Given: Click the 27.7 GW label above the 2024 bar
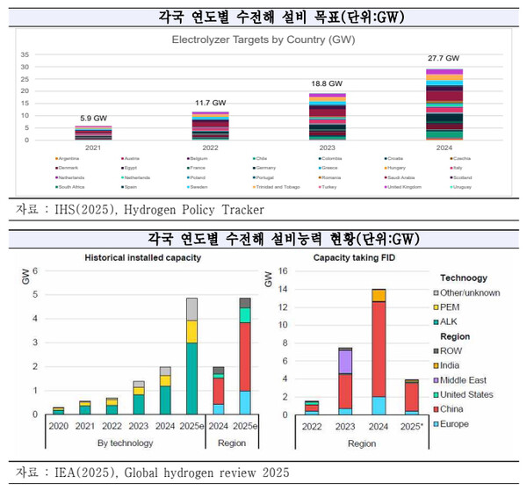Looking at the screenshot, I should coord(444,58).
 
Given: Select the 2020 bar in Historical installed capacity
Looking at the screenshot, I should coord(58,410).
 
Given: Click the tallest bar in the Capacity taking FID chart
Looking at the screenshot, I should coord(379,351).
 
